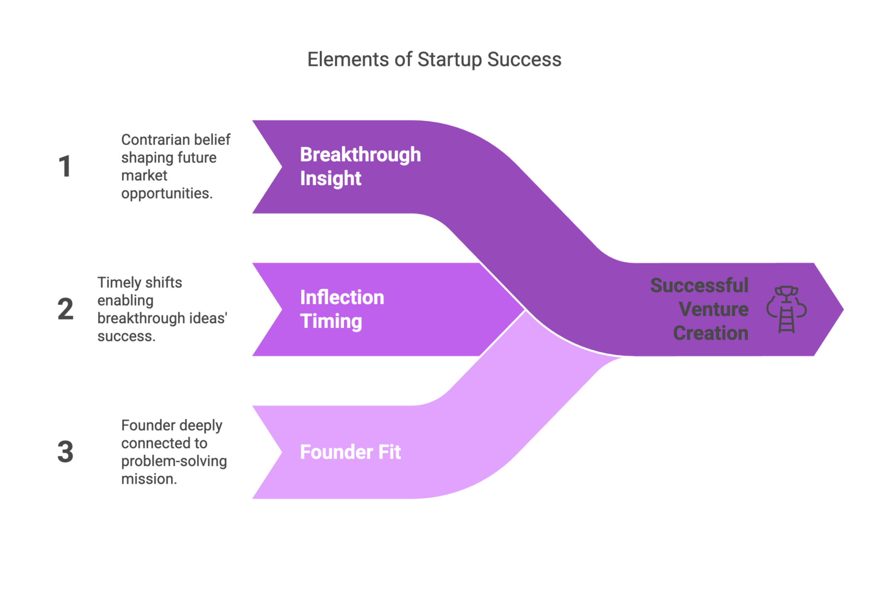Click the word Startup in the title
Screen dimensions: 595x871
pos(449,60)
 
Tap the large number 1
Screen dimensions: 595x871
pos(65,166)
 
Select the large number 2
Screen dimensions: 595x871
pos(65,309)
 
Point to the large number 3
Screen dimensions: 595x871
pos(65,451)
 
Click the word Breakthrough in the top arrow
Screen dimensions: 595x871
pos(360,155)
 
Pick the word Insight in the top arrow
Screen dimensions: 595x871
pos(330,178)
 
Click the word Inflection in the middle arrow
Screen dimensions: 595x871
pos(342,297)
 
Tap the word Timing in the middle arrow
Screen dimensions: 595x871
pos(331,321)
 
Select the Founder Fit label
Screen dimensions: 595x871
pos(350,452)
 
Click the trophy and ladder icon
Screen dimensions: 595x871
pos(786,309)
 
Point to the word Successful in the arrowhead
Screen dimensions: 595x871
pos(699,285)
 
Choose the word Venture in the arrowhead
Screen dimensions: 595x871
pos(713,309)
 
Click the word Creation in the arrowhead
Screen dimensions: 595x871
pos(711,333)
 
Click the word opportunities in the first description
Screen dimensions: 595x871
pos(166,194)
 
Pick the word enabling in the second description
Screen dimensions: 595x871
pos(125,301)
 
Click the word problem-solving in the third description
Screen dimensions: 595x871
pos(174,461)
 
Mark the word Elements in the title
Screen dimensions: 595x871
pos(347,60)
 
